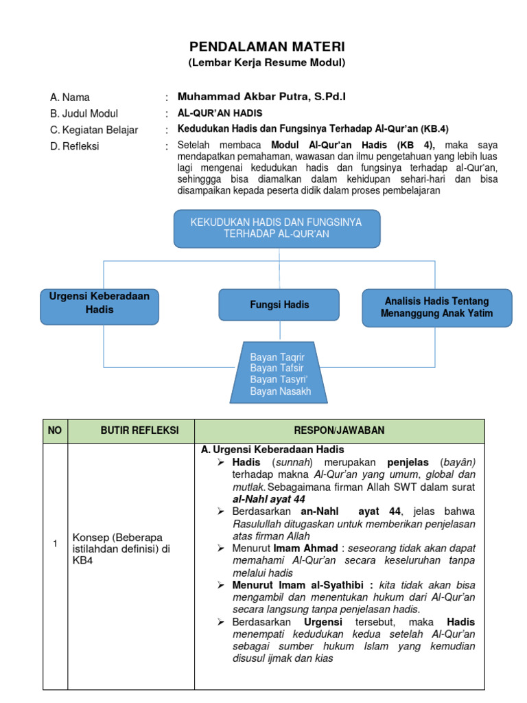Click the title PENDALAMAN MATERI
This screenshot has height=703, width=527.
click(267, 47)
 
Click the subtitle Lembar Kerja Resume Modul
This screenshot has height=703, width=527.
click(267, 62)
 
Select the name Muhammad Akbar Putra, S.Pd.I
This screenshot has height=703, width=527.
click(261, 97)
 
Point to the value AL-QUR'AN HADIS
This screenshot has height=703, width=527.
click(220, 113)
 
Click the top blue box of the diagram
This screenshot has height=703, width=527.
click(277, 228)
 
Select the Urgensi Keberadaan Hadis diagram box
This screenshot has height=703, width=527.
click(99, 303)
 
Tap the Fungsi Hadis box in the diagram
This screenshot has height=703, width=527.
click(279, 305)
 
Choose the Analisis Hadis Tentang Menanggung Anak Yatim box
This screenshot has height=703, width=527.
click(436, 307)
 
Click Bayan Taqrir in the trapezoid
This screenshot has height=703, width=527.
click(277, 357)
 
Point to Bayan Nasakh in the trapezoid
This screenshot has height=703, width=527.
click(281, 391)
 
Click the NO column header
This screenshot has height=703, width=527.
click(55, 430)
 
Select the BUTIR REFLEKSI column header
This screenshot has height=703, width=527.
click(130, 430)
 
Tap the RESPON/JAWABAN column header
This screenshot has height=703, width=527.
click(339, 430)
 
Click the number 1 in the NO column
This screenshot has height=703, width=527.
click(55, 544)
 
